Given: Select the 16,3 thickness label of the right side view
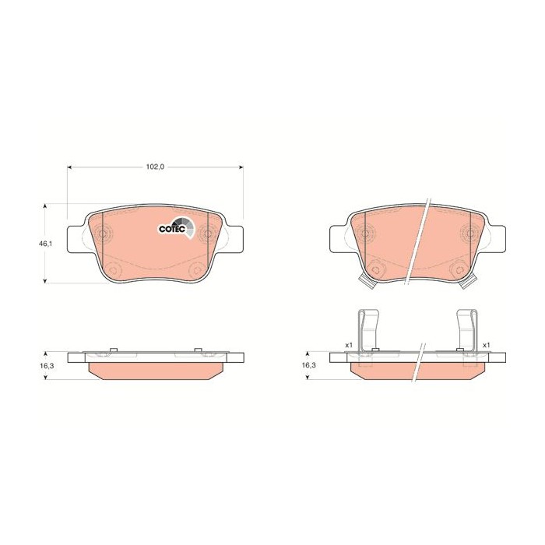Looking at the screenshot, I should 308,364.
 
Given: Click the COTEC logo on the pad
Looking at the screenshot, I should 174,227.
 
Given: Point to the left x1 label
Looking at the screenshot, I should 349,345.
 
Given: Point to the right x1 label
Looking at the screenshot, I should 486,345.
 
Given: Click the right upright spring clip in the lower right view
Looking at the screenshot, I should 467,327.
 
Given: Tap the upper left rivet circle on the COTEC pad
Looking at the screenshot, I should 104,233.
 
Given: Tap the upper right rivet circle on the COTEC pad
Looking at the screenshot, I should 207,233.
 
